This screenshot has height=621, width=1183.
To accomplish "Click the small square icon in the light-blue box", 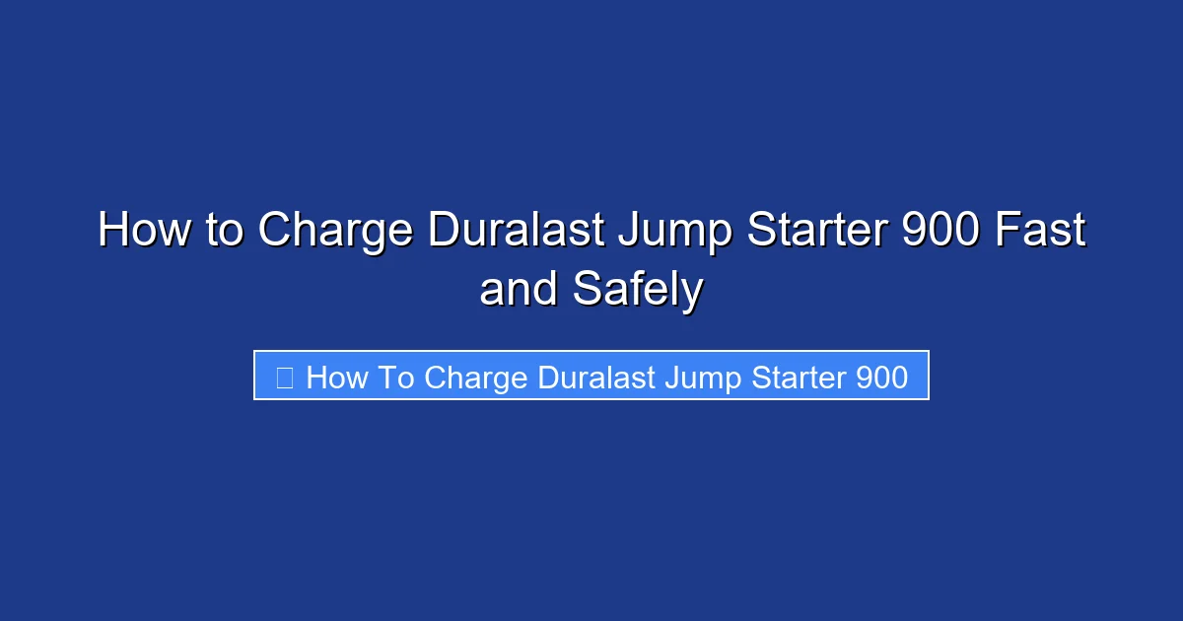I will [x=285, y=377].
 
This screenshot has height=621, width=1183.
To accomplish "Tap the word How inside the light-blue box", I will [x=336, y=377].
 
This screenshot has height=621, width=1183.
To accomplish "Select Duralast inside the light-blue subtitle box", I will [x=597, y=377].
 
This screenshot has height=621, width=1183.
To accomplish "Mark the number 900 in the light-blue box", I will [x=882, y=377].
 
